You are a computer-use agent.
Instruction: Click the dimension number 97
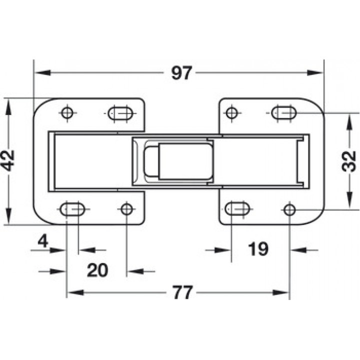pyautogui.click(x=181, y=73)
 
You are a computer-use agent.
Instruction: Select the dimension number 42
pyautogui.click(x=8, y=160)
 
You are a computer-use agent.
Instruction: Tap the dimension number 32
pyautogui.click(x=349, y=161)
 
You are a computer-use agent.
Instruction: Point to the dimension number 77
pyautogui.click(x=182, y=292)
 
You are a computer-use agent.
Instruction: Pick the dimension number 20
pyautogui.click(x=97, y=270)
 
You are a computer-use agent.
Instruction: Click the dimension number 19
pyautogui.click(x=258, y=249)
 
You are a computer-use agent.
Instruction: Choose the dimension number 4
pyautogui.click(x=43, y=241)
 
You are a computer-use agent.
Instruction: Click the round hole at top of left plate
pyautogui.click(x=67, y=113)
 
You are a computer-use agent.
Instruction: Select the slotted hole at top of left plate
pyautogui.click(x=120, y=113)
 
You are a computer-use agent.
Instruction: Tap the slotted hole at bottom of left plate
pyautogui.click(x=72, y=209)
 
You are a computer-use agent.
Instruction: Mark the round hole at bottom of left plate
pyautogui.click(x=126, y=209)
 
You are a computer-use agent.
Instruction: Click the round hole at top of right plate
pyautogui.click(x=231, y=113)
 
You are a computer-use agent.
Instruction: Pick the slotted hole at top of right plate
pyautogui.click(x=284, y=113)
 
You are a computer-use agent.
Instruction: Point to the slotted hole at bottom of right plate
pyautogui.click(x=237, y=209)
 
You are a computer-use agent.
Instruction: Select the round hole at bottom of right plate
pyautogui.click(x=289, y=209)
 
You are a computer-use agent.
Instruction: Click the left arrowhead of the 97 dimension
pyautogui.click(x=42, y=73)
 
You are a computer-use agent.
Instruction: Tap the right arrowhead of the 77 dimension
pyautogui.click(x=280, y=292)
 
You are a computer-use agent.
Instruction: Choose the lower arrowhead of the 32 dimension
pyautogui.click(x=349, y=199)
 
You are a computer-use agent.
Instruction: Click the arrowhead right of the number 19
pyautogui.click(x=299, y=250)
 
